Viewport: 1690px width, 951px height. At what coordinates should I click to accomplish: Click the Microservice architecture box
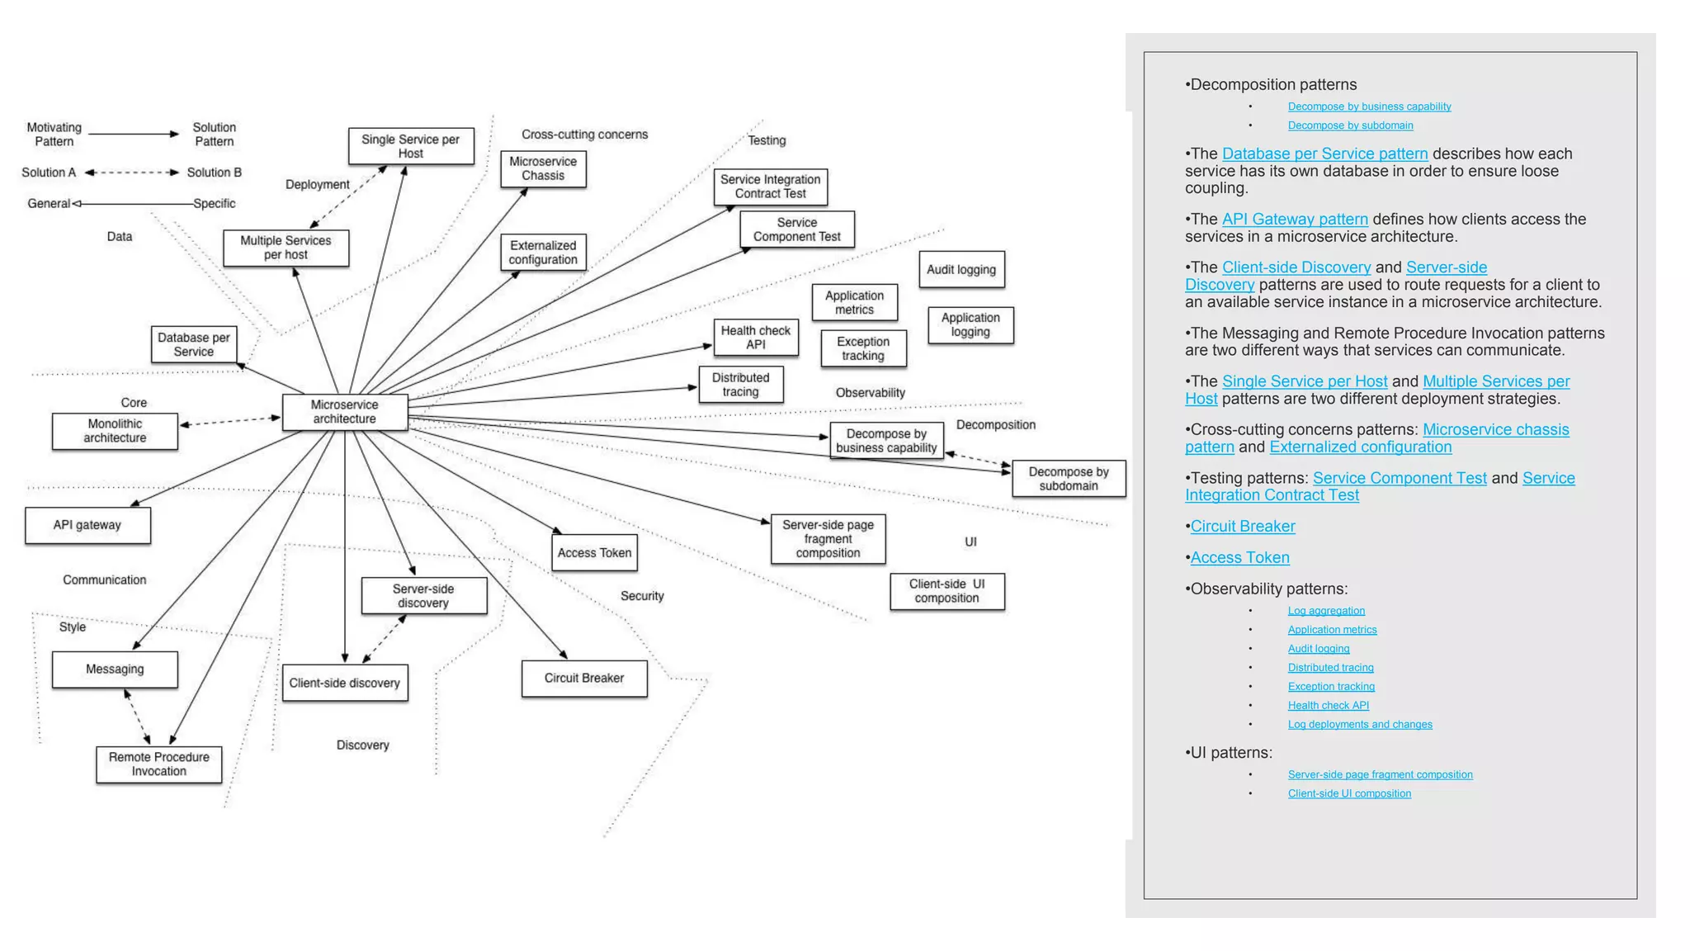[x=345, y=412]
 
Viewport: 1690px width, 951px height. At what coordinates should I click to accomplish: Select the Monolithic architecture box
[x=115, y=431]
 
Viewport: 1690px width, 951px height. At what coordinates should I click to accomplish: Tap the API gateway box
[x=87, y=525]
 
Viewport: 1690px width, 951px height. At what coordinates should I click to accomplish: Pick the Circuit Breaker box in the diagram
[x=584, y=678]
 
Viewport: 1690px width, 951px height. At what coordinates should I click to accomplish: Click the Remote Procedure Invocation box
[x=159, y=764]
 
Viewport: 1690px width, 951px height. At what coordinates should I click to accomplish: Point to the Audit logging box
[x=961, y=269]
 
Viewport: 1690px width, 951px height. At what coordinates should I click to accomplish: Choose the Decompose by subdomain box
[x=1069, y=479]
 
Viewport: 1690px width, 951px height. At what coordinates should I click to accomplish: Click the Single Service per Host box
[x=411, y=146]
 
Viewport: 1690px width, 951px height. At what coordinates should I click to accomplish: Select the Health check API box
[x=756, y=338]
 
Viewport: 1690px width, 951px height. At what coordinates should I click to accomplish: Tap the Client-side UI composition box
[x=947, y=591]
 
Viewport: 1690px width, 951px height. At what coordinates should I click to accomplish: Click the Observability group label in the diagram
[x=870, y=393]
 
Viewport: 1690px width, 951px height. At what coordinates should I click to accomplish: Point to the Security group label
[x=642, y=596]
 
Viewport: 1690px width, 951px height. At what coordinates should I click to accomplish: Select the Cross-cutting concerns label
[x=584, y=135]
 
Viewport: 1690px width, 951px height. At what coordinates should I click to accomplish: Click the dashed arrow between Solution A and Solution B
[x=132, y=173]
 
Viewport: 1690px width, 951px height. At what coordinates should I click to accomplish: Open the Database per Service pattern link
[x=1324, y=154]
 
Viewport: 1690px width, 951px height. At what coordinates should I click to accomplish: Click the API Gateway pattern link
[x=1295, y=220]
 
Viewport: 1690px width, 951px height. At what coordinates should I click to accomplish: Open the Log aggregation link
[x=1326, y=611]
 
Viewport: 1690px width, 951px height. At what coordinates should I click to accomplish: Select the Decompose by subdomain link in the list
[x=1350, y=125]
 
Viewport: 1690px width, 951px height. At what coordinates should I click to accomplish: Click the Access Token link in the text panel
[x=1239, y=558]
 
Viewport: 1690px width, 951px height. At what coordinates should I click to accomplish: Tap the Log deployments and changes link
[x=1360, y=725]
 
